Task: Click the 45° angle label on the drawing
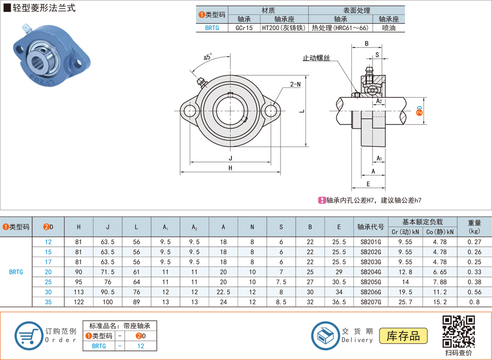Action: [208, 57]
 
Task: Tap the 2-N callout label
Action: [295, 84]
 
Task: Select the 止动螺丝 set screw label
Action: [316, 58]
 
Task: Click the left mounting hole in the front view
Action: [190, 111]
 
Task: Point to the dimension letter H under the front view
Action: [230, 168]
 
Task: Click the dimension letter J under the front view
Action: [230, 158]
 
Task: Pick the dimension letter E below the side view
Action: [368, 184]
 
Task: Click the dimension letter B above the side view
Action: [367, 44]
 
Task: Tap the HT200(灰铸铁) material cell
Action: [284, 28]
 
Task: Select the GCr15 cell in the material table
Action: [244, 28]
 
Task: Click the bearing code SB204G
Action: [370, 272]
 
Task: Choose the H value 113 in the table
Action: [78, 292]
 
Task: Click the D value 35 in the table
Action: [48, 302]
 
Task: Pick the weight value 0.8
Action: [474, 302]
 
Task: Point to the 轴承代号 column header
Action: [370, 226]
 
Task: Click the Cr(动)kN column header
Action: [405, 232]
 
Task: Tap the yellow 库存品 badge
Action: [403, 336]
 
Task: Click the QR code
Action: [458, 331]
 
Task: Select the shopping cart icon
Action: [28, 336]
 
